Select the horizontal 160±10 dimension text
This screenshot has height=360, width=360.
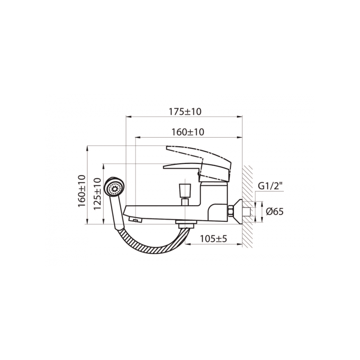coord(188,132)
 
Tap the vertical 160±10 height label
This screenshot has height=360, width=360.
coord(81,190)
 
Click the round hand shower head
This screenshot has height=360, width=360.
coord(115,188)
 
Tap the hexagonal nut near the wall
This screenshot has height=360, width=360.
coord(232,211)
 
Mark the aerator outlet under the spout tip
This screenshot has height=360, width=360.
coord(135,220)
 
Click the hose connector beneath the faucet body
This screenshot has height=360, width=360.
coord(184,224)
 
